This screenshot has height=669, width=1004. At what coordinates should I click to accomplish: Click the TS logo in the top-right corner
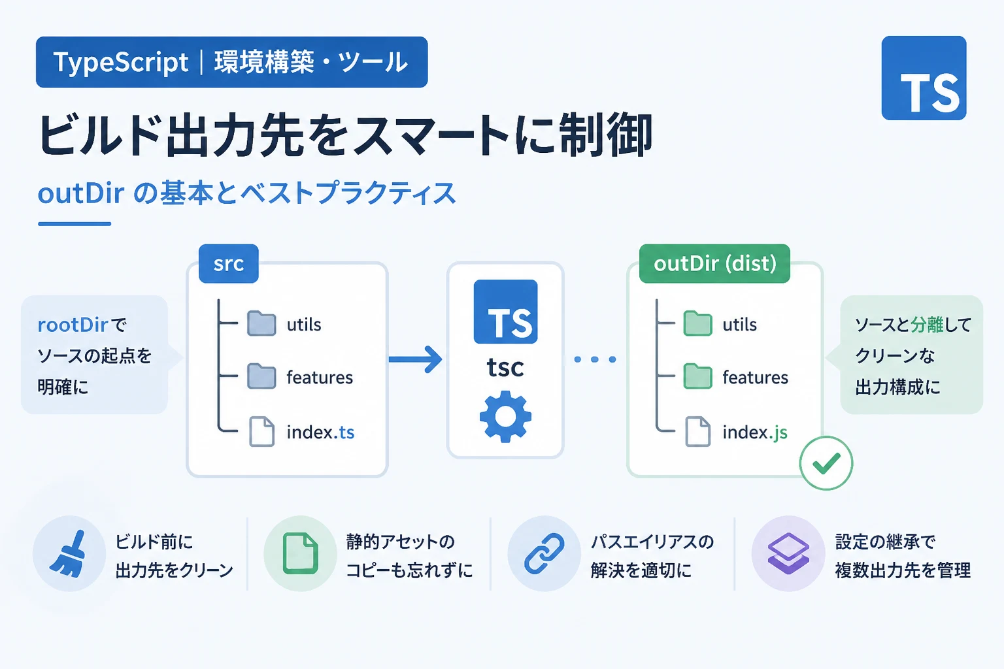pos(924,78)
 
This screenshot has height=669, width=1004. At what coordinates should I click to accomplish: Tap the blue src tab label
pos(229,263)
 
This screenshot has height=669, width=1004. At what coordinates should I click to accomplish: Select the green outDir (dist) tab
pos(714,263)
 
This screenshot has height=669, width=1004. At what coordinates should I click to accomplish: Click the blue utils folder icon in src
pos(261,323)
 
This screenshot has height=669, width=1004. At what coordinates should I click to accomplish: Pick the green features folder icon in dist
pos(698,376)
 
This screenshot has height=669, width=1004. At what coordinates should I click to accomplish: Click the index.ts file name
pos(320,432)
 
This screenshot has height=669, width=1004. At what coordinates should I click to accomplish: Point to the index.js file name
pos(755,432)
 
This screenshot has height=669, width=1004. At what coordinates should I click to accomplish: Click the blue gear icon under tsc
pos(505,417)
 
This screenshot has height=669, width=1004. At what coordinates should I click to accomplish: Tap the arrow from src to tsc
pos(416,359)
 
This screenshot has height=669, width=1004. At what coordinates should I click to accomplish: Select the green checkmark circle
pos(826,463)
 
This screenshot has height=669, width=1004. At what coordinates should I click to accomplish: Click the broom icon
pos(68,554)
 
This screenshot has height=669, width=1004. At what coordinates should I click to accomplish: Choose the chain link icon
pos(544,554)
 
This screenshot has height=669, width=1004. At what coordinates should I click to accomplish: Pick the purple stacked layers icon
pos(788,554)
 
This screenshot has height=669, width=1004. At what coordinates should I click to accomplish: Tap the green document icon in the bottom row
pos(300,553)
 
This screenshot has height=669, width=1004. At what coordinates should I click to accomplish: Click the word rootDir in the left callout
pos(73,325)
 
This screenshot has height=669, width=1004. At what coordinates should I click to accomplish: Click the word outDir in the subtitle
pos(80,193)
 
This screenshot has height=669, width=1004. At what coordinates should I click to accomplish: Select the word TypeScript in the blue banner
pos(120,62)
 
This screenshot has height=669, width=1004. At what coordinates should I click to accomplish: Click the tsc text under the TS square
pos(505,367)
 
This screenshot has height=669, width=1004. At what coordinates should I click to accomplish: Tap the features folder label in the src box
pos(320,378)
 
